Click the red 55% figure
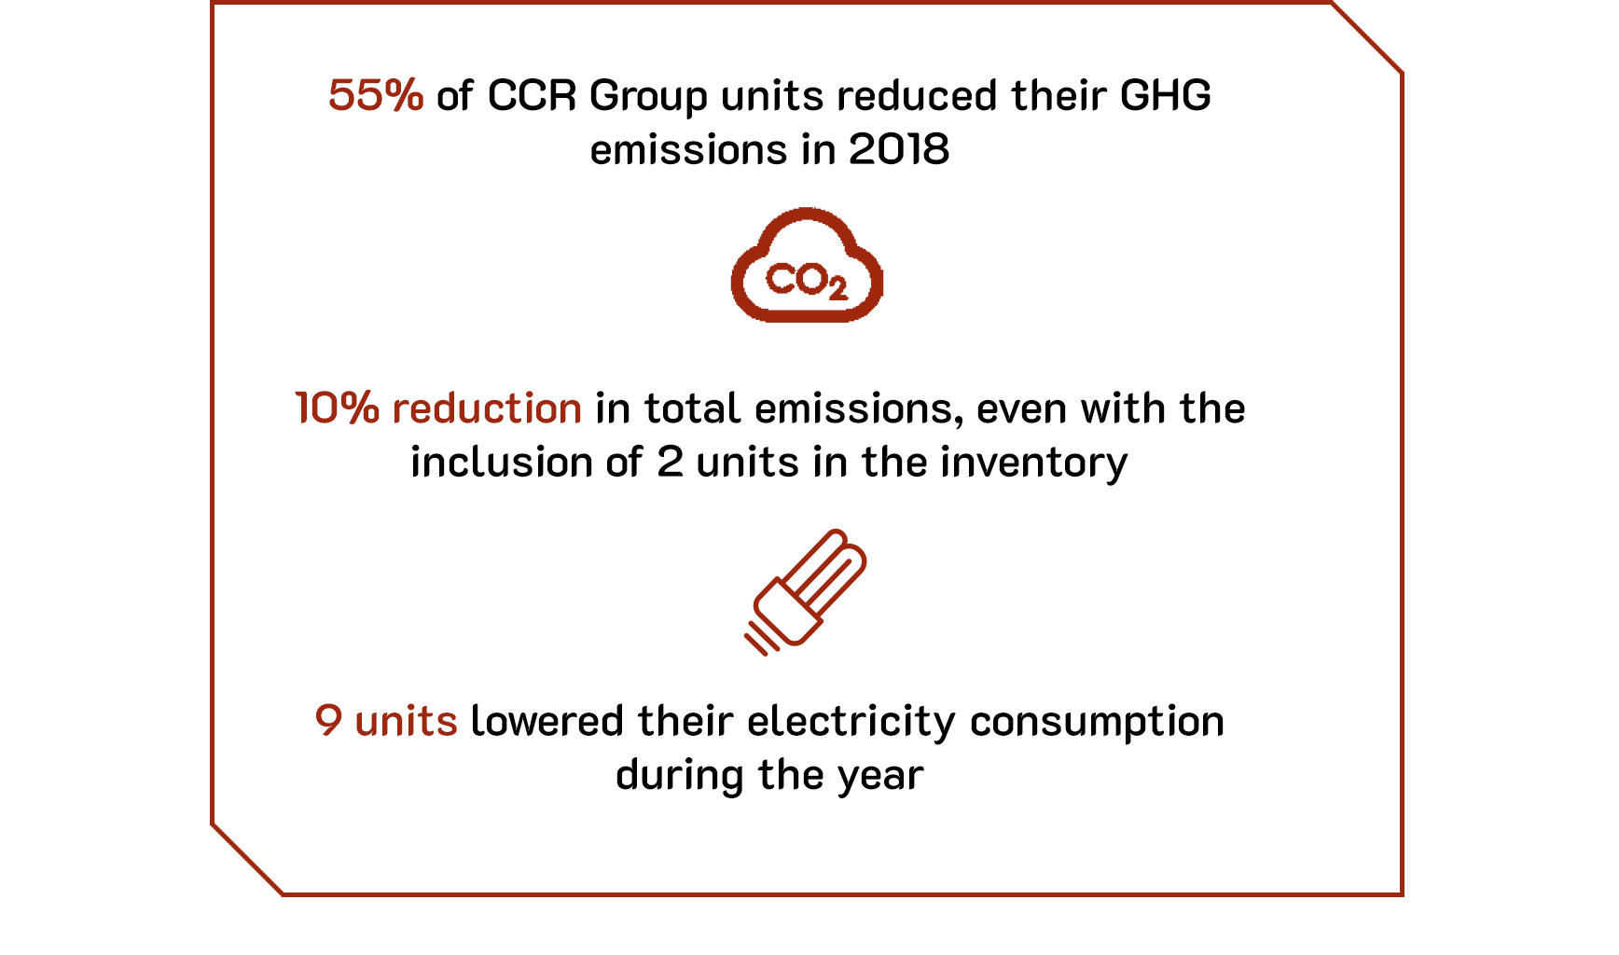[x=376, y=95]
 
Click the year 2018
[x=899, y=149]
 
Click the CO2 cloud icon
[x=807, y=266]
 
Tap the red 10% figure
[x=337, y=408]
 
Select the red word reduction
[x=487, y=408]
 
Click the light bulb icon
[x=805, y=593]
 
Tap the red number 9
[x=328, y=721]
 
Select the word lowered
[x=547, y=721]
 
